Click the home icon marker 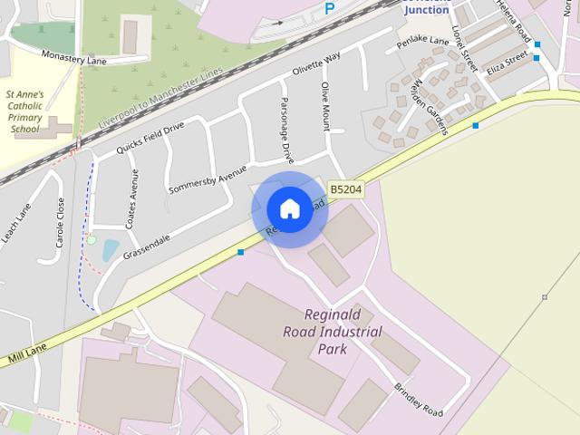(289, 208)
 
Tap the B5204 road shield (345, 189)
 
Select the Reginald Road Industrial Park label (333, 332)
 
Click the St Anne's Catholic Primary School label (24, 111)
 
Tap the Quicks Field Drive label (150, 137)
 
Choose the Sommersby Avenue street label (208, 179)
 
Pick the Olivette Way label (315, 63)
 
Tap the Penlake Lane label (422, 43)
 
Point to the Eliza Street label (507, 63)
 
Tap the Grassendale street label (148, 242)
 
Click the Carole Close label (61, 223)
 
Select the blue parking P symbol (330, 8)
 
